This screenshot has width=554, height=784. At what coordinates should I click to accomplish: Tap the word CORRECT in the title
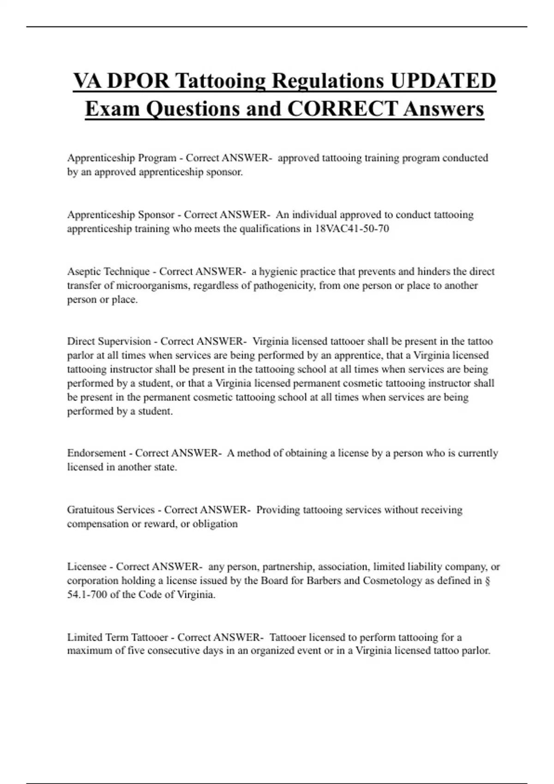(342, 109)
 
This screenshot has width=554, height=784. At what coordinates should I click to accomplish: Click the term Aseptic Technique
(108, 271)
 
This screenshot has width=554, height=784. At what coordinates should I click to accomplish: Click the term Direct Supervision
(109, 341)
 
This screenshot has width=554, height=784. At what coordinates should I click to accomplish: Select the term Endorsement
(97, 453)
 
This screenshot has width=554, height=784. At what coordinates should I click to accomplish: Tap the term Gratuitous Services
(111, 510)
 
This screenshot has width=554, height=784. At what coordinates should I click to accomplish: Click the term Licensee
(87, 566)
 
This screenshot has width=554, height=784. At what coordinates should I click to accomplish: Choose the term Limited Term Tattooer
(118, 637)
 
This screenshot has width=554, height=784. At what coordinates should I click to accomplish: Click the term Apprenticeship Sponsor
(121, 214)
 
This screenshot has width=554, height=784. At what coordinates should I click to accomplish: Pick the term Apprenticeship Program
(122, 158)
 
